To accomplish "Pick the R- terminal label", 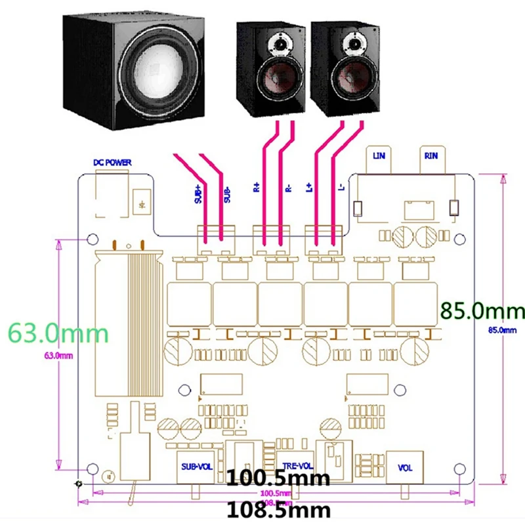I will click(x=288, y=187).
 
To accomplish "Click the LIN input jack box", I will click(x=379, y=157).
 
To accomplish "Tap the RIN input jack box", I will click(x=431, y=157).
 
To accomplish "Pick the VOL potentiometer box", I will click(x=406, y=467).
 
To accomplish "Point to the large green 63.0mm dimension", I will click(x=58, y=333).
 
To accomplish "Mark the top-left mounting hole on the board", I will click(x=93, y=240).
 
